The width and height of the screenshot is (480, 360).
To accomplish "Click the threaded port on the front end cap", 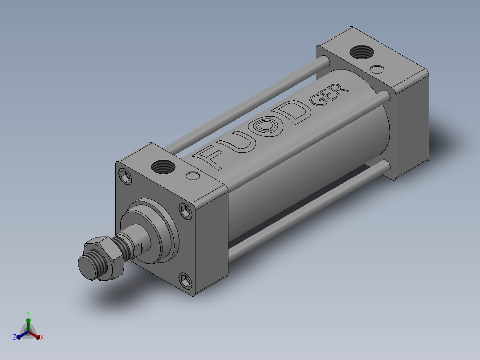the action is pyautogui.click(x=163, y=167).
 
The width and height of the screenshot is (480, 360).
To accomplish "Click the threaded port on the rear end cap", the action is pyautogui.click(x=362, y=52).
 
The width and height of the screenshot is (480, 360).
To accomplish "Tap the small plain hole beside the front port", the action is pyautogui.click(x=193, y=176).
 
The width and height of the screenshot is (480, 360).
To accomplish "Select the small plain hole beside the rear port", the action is pyautogui.click(x=377, y=69).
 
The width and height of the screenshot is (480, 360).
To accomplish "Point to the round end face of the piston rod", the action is pyautogui.click(x=88, y=267).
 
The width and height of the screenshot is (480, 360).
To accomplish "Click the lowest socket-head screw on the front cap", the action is pyautogui.click(x=186, y=281).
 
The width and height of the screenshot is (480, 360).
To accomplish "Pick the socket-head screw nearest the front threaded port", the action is pyautogui.click(x=125, y=176).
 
